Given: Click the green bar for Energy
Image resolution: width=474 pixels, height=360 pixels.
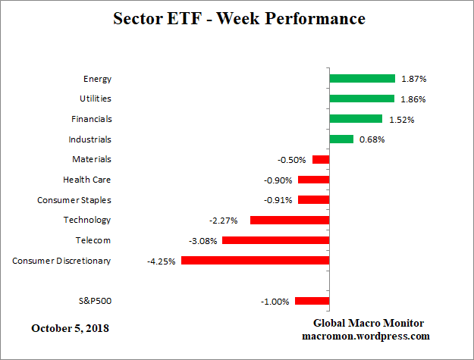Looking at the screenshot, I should (x=362, y=78).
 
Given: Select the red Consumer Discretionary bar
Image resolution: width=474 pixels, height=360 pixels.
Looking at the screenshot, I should (x=255, y=260).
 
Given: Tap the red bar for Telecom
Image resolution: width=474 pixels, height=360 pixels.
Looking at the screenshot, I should (x=275, y=240).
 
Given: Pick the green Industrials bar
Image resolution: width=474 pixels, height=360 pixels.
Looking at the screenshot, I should (x=341, y=139).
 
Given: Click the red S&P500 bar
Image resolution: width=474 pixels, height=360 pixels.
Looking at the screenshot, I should (x=312, y=301).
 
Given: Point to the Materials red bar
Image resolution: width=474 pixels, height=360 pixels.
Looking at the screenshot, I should (x=321, y=159).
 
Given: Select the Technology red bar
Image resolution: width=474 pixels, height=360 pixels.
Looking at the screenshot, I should (x=289, y=220).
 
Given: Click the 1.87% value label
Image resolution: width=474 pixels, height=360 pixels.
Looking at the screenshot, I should (x=413, y=79).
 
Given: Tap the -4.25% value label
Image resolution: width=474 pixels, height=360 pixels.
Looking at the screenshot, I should (x=161, y=261).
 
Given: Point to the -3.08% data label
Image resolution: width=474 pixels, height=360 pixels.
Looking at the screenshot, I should (x=202, y=241).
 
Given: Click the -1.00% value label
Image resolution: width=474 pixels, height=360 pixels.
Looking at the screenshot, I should (x=275, y=302).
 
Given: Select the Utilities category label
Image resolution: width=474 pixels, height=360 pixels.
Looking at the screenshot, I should (x=95, y=99).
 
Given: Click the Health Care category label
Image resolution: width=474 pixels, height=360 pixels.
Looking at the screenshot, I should (x=86, y=180).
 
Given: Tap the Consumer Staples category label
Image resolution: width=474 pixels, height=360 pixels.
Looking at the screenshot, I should (x=74, y=200).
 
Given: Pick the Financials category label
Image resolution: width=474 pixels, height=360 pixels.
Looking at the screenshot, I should (x=92, y=119).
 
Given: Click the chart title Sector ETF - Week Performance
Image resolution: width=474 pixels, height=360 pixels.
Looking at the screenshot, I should (x=238, y=17).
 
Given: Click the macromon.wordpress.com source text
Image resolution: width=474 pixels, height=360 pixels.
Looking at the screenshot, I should (x=366, y=336).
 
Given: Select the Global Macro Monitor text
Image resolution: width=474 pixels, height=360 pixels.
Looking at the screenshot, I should (x=366, y=323).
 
